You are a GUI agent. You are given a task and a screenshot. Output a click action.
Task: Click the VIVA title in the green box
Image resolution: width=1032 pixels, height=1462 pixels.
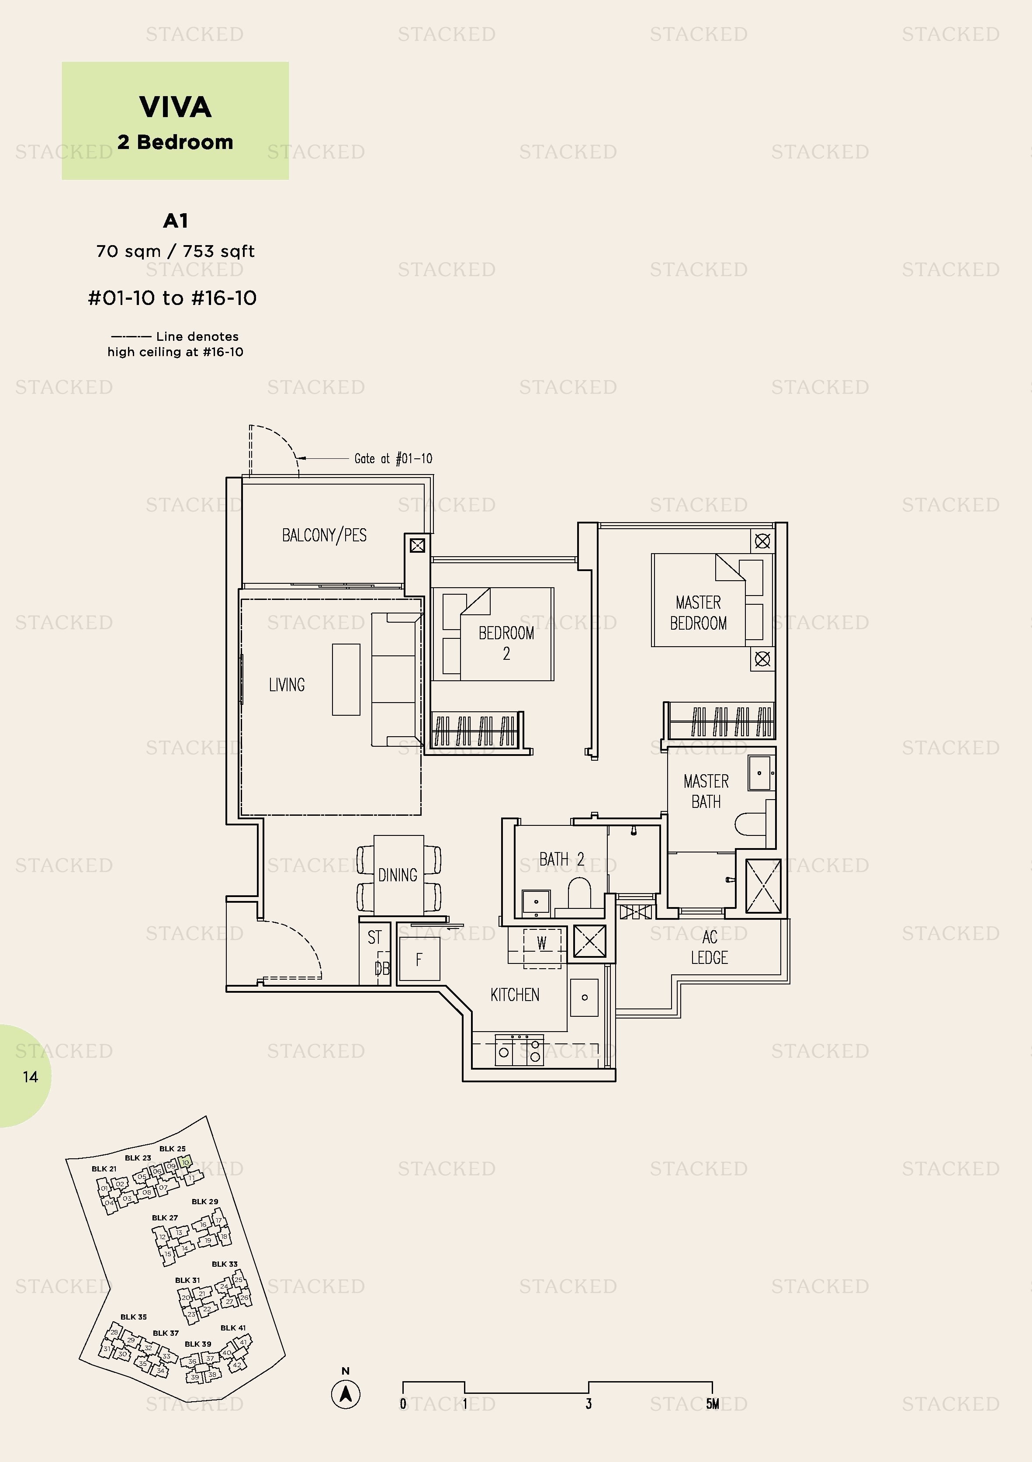point(175,107)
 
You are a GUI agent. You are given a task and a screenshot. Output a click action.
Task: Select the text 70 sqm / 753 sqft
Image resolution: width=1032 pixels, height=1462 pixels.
point(175,251)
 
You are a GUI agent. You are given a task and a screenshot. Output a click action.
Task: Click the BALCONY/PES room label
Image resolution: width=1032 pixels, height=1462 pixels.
point(324,535)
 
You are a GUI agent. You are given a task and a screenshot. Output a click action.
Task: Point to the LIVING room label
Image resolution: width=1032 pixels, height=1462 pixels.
point(287,685)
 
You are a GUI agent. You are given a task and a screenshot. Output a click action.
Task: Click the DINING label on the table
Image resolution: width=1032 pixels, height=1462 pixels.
point(398,875)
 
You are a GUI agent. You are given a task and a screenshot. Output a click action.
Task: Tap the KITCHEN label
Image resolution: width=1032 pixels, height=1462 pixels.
point(514,994)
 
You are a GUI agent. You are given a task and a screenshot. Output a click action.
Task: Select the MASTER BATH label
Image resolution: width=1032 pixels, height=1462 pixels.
point(706,791)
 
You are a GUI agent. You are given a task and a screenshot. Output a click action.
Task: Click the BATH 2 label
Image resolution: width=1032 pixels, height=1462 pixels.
point(561,859)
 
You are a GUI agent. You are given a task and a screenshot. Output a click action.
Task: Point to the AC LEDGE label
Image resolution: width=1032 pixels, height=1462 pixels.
point(709,947)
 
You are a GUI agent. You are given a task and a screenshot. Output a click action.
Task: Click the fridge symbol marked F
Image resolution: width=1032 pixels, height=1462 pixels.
point(419,960)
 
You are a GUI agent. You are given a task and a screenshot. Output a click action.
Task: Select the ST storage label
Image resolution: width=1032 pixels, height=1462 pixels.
point(374,937)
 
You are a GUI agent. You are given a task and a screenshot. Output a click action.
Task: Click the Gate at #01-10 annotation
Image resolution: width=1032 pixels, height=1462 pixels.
point(393,458)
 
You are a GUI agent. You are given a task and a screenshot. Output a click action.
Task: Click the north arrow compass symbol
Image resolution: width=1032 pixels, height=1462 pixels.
point(346,1395)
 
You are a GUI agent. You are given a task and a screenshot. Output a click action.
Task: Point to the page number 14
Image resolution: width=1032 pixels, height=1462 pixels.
point(30,1077)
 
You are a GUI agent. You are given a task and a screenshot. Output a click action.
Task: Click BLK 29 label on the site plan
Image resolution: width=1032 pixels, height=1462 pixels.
point(205,1202)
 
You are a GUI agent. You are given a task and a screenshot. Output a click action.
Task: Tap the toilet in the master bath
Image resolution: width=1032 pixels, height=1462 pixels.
point(751,825)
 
